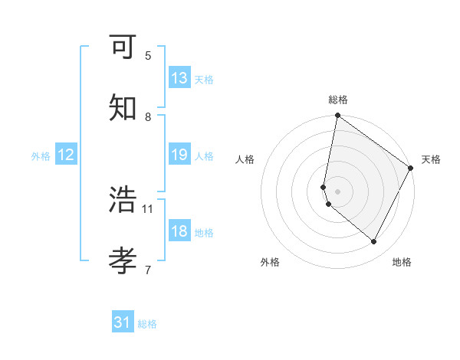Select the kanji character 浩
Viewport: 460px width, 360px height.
(123, 200)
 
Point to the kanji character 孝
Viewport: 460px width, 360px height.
(123, 260)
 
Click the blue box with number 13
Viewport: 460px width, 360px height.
(179, 78)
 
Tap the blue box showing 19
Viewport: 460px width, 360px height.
(179, 155)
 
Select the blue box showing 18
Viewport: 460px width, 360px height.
(179, 231)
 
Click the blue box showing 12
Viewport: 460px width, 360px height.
(66, 155)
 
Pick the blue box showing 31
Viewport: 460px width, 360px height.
(123, 322)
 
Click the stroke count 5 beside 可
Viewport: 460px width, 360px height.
(148, 55)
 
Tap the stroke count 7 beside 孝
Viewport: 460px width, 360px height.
(148, 269)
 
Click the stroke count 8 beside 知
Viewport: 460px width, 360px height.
(148, 116)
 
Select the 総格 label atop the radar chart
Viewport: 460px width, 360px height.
(337, 100)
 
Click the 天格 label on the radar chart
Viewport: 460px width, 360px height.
(431, 159)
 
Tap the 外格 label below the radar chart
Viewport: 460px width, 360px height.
(270, 262)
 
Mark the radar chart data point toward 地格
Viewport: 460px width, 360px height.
(374, 242)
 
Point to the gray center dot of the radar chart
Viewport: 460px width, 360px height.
(337, 191)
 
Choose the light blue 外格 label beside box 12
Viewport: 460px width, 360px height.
(41, 155)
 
